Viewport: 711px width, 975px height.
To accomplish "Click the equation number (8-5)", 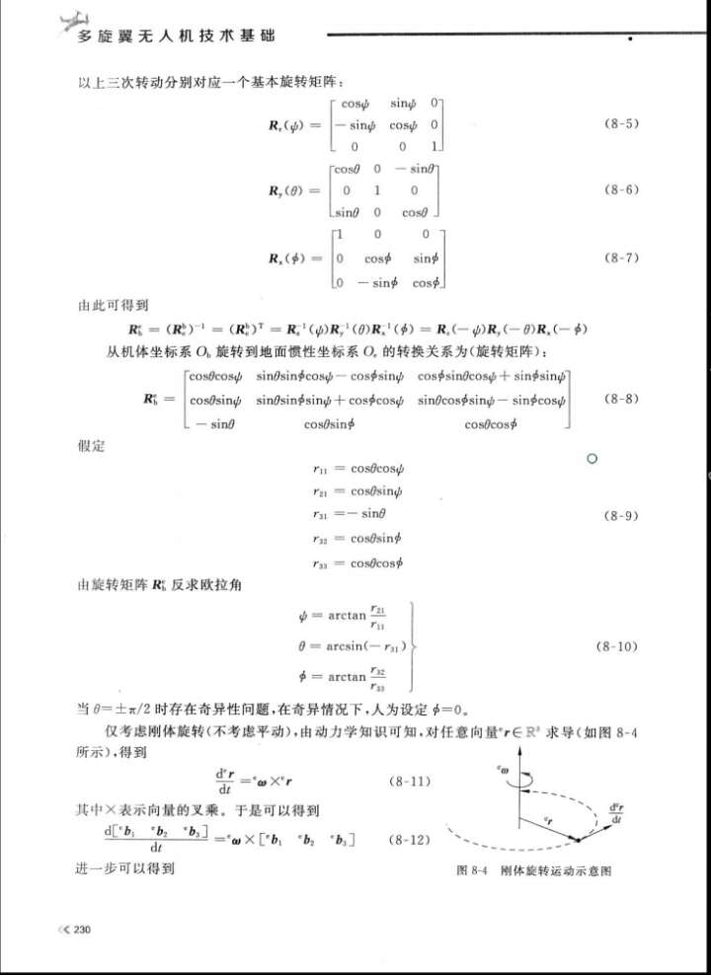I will (620, 124).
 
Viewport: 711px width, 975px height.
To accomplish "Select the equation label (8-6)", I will (620, 188).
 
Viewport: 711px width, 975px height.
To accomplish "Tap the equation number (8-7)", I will (620, 258).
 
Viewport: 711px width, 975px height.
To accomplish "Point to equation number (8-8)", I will (620, 399).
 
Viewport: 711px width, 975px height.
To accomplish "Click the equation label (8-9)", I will (620, 516).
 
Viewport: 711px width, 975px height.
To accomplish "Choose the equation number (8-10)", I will (620, 647).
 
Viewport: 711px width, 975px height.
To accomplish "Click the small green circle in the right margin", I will (592, 459).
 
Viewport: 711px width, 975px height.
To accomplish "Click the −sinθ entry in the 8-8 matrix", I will (209, 422).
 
